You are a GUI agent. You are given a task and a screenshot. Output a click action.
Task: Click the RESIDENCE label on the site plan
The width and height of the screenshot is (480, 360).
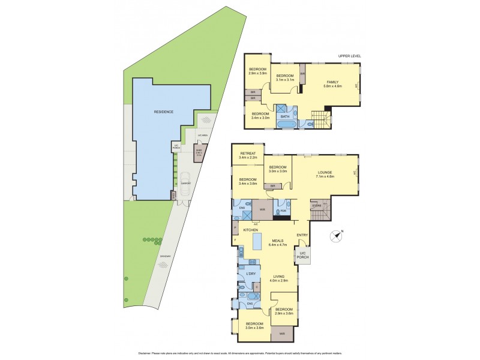pyautogui.click(x=164, y=112)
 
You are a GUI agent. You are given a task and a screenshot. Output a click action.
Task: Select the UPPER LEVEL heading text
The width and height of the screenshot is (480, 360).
pyautogui.click(x=350, y=56)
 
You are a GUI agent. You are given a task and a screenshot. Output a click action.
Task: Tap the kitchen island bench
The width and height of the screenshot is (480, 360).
pyautogui.click(x=259, y=241)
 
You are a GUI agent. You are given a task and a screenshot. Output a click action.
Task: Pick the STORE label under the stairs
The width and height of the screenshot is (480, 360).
pyautogui.click(x=316, y=206)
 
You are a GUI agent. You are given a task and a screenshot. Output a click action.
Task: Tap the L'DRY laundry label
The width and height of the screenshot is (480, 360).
pyautogui.click(x=251, y=274)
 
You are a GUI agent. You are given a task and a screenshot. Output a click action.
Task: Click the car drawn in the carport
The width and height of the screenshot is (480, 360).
pyautogui.click(x=185, y=188)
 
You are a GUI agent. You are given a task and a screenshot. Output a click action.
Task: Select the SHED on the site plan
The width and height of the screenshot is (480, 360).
pyautogui.click(x=198, y=154)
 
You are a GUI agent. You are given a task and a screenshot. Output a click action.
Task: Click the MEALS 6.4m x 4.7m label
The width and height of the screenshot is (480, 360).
pyautogui.click(x=277, y=242)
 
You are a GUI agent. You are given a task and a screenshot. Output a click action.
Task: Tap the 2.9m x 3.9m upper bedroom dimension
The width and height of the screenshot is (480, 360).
pyautogui.click(x=257, y=73)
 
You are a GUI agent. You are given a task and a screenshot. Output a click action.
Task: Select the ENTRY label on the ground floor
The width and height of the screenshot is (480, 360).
pyautogui.click(x=302, y=235)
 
